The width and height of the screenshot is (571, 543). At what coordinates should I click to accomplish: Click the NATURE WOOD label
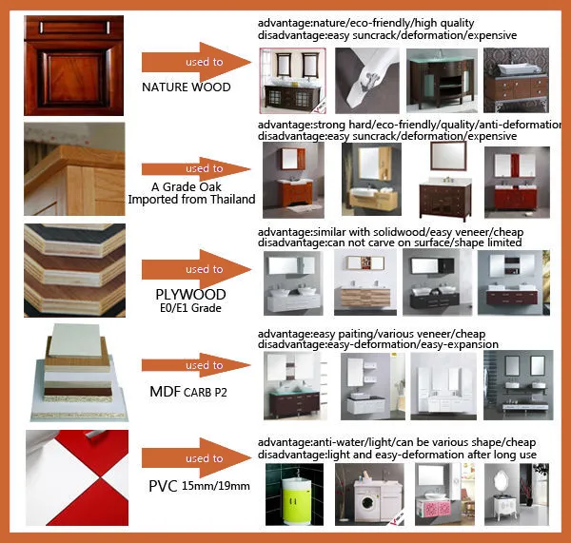[187, 87]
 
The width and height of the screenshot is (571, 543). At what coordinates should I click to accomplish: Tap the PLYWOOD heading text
[190, 295]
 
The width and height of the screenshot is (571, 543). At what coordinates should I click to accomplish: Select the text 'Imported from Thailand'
[191, 200]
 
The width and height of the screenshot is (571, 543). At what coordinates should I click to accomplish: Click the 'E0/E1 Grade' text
[190, 308]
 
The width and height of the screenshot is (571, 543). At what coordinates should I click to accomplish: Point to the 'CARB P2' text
[206, 393]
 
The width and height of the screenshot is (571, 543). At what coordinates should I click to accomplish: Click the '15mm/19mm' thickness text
[216, 486]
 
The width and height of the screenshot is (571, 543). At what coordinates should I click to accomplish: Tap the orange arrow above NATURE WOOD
[197, 62]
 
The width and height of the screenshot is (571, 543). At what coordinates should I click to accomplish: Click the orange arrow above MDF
[197, 365]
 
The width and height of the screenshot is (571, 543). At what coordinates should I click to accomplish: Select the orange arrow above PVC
[197, 458]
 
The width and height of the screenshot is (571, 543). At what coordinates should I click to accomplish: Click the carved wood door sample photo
[74, 66]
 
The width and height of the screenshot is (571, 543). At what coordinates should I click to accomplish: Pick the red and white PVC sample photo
[77, 477]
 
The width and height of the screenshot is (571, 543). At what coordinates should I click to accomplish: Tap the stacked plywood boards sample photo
[74, 270]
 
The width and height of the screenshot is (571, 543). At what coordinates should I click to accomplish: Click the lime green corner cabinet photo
[295, 495]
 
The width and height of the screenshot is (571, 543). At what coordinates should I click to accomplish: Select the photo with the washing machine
[369, 495]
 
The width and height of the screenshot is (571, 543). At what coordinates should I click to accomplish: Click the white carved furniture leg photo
[367, 81]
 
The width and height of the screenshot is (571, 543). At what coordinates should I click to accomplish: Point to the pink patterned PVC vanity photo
[444, 495]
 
